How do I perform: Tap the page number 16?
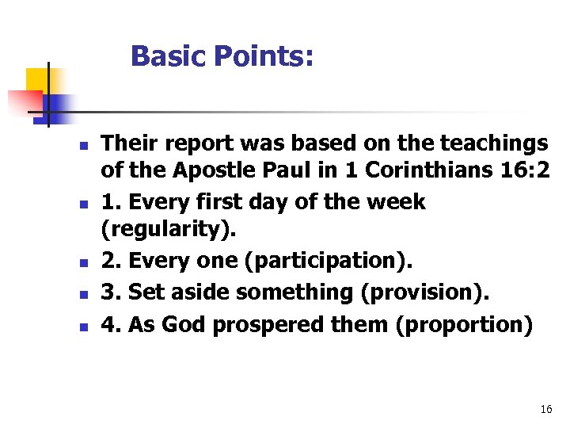tap(545, 409)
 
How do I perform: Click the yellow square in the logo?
tap(37, 80)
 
